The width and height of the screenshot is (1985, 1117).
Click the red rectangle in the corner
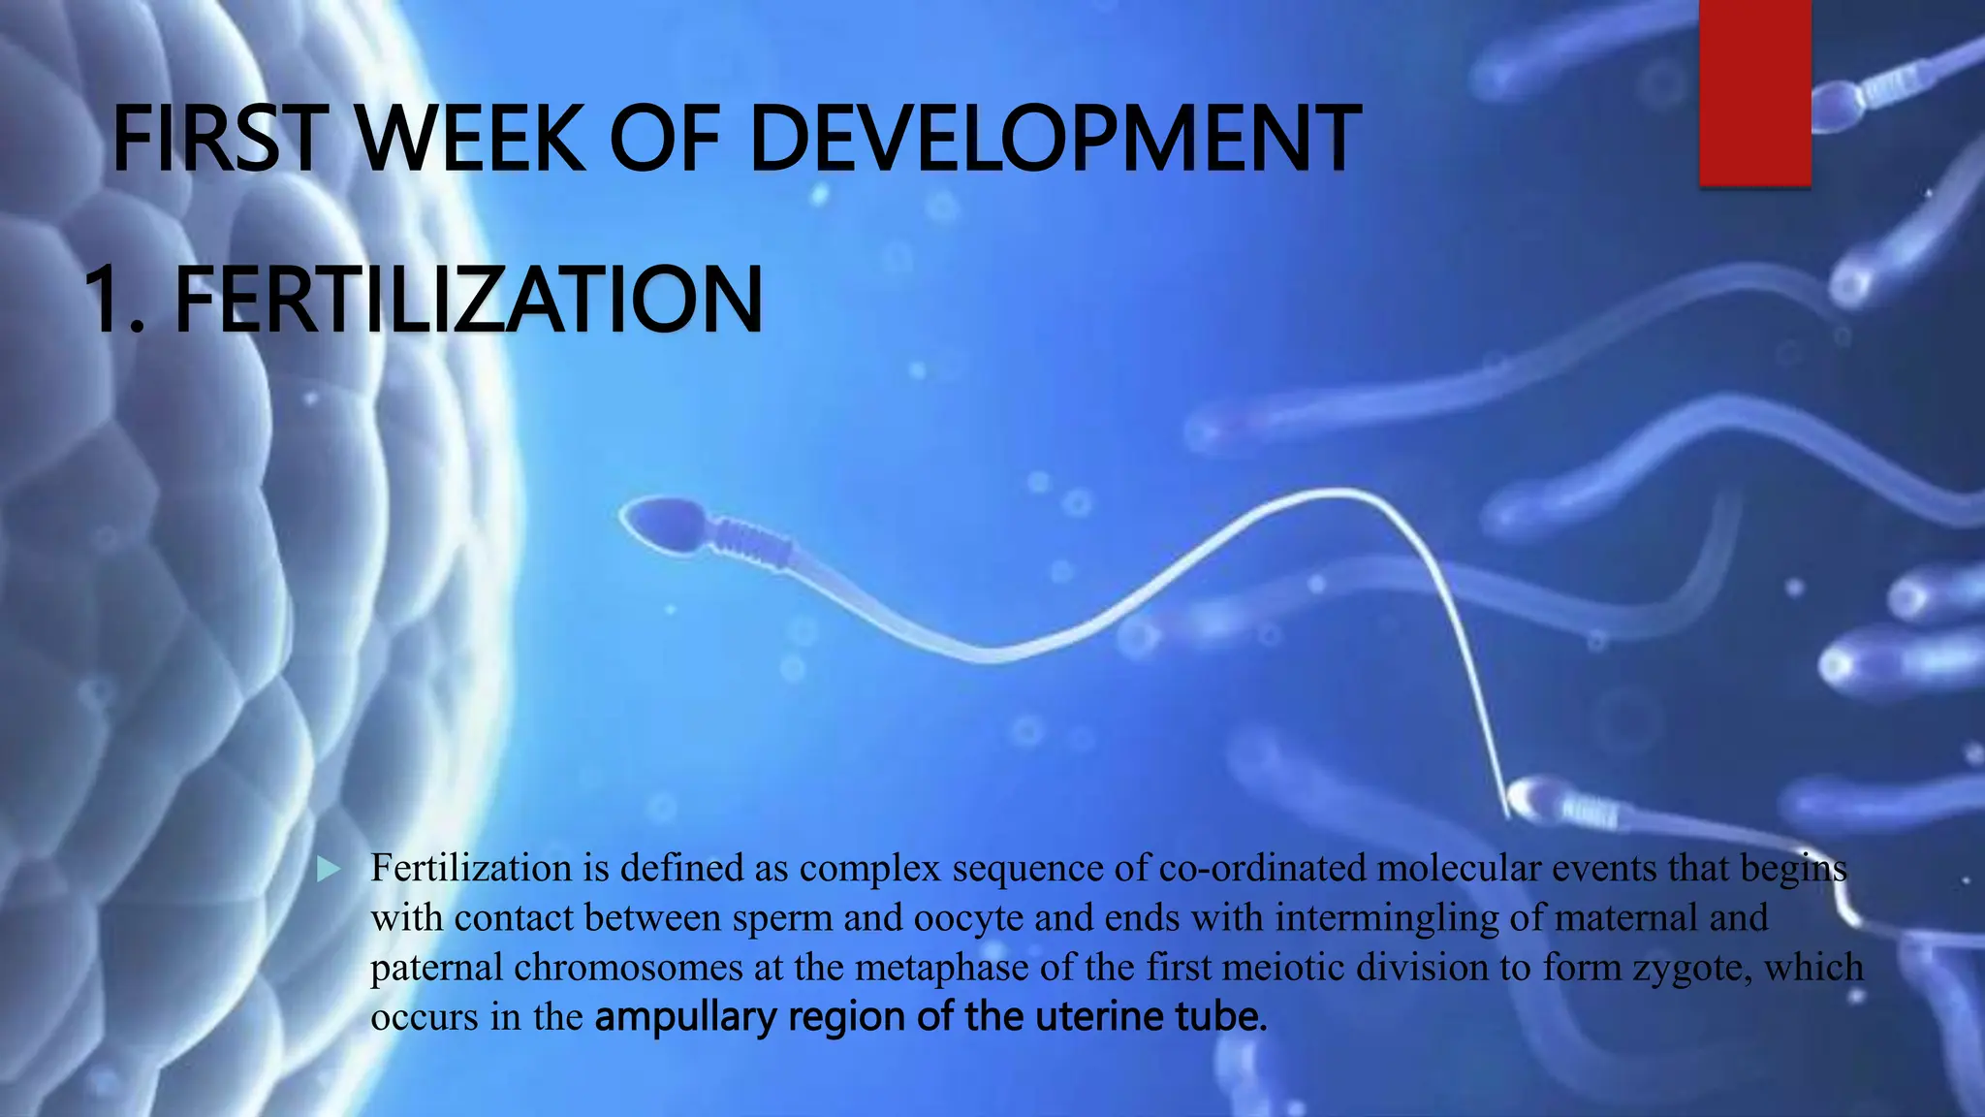tap(1755, 92)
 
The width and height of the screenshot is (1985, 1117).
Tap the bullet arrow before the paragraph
tap(330, 870)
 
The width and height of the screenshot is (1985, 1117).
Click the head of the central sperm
tap(665, 524)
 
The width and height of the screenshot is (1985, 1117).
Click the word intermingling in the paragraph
tap(1386, 918)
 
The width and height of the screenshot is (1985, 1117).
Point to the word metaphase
tap(941, 968)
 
